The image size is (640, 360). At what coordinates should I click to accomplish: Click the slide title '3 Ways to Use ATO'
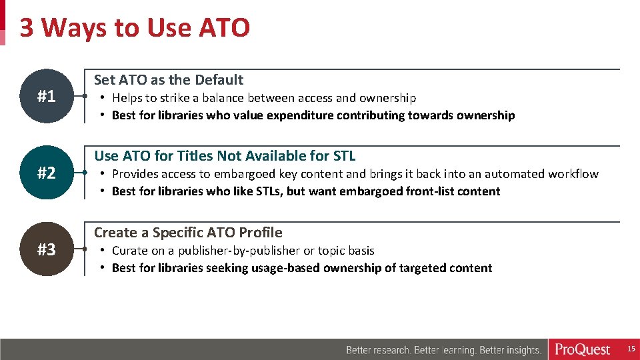click(x=135, y=28)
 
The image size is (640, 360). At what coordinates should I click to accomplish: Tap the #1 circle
click(x=46, y=97)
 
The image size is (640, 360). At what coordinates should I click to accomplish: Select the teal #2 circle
click(x=46, y=173)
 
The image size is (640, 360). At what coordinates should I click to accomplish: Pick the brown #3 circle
click(x=46, y=250)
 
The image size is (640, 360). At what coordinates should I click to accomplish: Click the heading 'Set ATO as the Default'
click(x=169, y=80)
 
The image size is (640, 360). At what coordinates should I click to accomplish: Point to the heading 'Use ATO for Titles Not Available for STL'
click(x=225, y=156)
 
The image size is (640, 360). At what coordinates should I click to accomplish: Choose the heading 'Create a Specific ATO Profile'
click(x=188, y=233)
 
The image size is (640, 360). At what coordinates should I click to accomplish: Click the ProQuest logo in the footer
click(x=583, y=349)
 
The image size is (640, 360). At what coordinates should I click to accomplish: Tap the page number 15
click(x=631, y=349)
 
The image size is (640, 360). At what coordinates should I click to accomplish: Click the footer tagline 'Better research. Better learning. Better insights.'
click(x=443, y=350)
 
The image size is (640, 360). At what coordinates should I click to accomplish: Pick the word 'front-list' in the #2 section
click(x=432, y=191)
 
